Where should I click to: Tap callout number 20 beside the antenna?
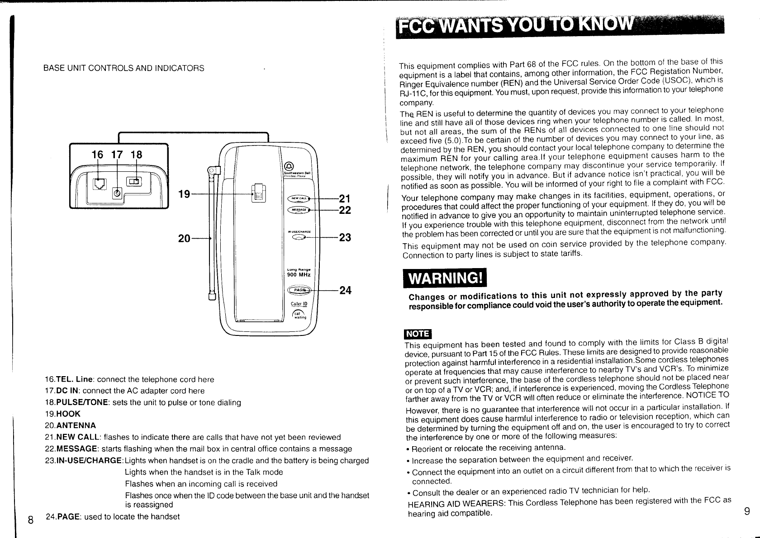[184, 238]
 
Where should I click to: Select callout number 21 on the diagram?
[345, 198]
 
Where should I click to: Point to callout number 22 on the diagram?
[345, 210]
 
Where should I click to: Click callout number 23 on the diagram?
[345, 238]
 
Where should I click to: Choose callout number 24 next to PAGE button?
[345, 290]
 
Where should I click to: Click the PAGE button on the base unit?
[299, 290]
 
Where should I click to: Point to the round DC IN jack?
[117, 193]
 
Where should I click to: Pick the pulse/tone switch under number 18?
[134, 182]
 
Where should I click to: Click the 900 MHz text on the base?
[298, 274]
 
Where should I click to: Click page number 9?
[747, 511]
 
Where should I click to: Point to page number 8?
[30, 519]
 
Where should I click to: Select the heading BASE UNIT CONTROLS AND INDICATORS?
[123, 68]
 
